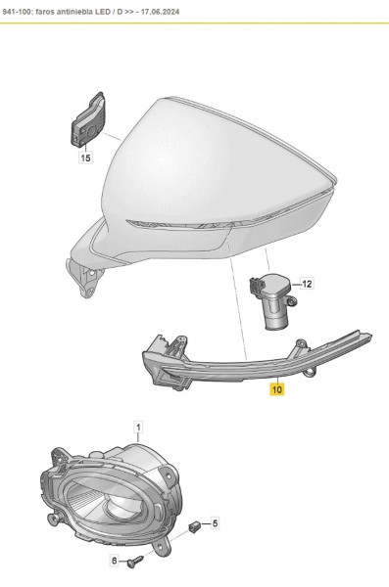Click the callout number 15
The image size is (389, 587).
click(x=85, y=158)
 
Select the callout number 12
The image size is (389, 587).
click(x=305, y=284)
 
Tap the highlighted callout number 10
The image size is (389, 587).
click(x=277, y=388)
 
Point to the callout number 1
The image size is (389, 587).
click(x=138, y=428)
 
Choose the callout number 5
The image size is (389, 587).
click(x=216, y=522)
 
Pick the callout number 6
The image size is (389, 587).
click(x=114, y=561)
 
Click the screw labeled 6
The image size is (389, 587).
click(x=133, y=561)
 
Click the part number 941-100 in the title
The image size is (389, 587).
click(x=20, y=8)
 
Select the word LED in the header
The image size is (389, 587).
click(x=125, y=8)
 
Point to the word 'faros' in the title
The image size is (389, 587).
click(x=55, y=8)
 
